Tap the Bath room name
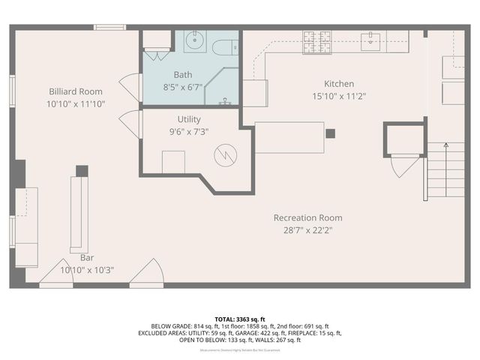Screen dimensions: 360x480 pos(183,74)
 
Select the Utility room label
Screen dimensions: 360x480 pos(189,118)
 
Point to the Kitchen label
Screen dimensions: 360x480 pos(339,84)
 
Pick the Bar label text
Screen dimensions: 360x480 pos(86,257)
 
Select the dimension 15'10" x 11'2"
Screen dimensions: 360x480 pos(339,96)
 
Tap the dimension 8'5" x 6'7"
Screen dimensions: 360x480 pos(183,86)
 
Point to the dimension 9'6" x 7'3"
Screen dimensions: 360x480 pos(189,131)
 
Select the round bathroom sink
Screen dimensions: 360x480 pos(194,42)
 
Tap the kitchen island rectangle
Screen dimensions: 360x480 pos(289,137)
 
